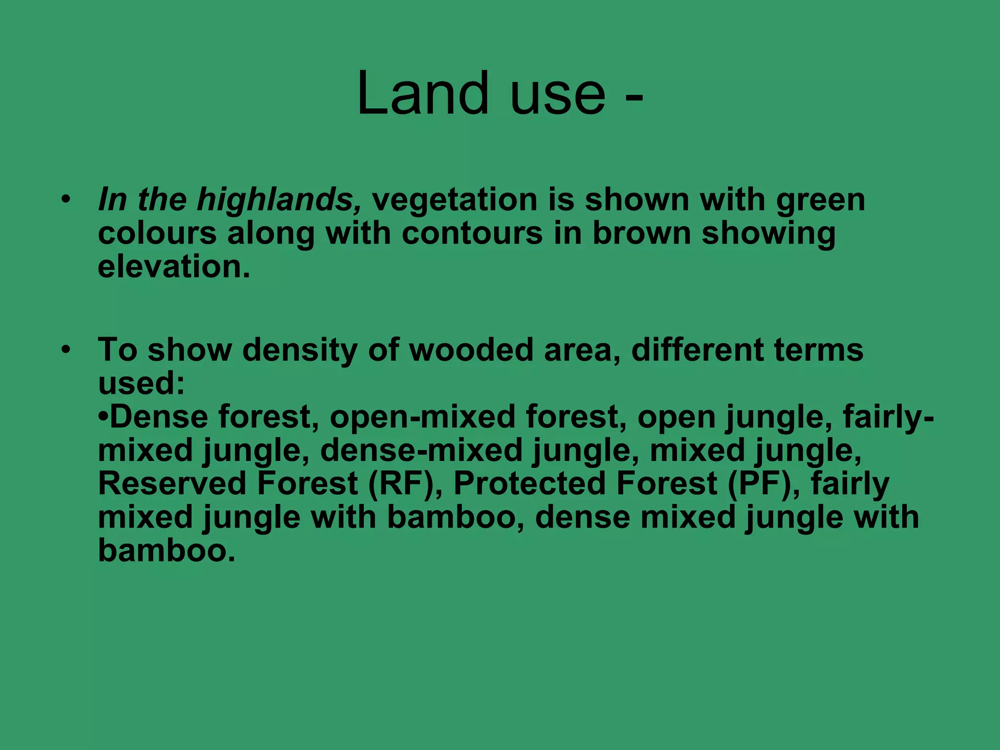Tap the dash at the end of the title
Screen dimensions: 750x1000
point(633,96)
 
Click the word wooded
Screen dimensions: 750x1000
point(471,350)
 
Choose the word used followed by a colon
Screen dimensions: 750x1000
point(142,383)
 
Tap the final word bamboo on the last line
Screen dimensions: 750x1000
point(167,550)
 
